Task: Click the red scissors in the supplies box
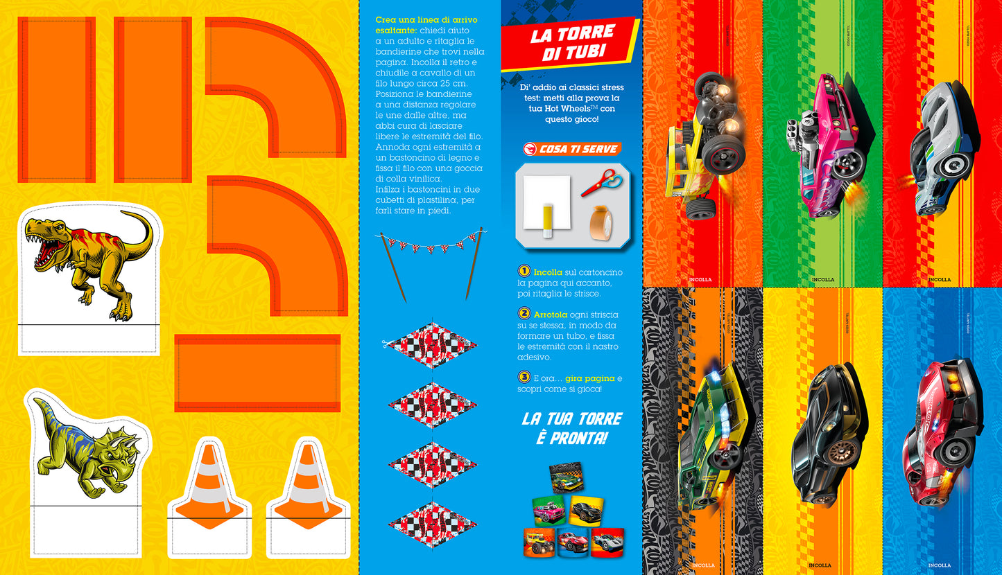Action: tap(601, 182)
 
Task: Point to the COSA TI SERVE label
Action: tap(571, 149)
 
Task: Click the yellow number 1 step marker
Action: tap(524, 272)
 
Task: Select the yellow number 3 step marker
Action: tap(524, 378)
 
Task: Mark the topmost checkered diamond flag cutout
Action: tap(431, 344)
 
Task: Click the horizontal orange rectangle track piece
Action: tap(257, 373)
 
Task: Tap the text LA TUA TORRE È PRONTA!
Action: tap(571, 428)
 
